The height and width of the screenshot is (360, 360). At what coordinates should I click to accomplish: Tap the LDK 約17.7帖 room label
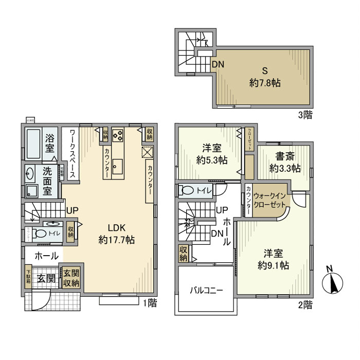117,233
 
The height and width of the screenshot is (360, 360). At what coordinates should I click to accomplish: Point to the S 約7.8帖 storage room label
265,77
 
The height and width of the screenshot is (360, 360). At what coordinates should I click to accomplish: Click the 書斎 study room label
284,163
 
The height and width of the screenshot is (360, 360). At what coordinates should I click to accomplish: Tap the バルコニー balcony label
206,290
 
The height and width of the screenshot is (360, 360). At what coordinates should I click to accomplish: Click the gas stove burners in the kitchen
118,136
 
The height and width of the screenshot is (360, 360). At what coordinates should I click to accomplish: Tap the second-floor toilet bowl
188,191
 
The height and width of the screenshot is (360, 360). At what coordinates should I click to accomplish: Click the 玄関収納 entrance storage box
71,278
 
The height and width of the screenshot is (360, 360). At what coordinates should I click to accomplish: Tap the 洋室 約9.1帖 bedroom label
273,260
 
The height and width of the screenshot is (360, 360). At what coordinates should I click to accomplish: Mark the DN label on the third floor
218,64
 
